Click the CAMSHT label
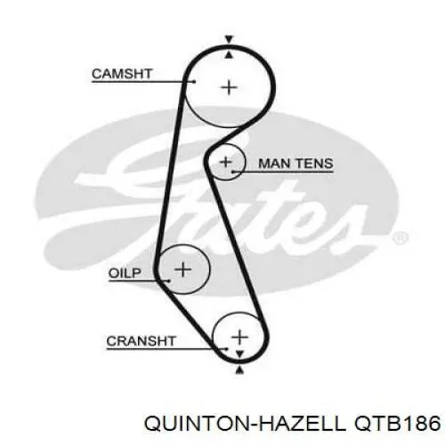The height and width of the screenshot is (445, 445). point(122,74)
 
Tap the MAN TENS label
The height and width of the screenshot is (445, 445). point(295,164)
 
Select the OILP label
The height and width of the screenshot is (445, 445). point(125,273)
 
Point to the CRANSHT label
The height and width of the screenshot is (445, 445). point(142,341)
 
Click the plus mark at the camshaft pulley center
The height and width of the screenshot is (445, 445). point(229,88)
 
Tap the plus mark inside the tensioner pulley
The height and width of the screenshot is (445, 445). point(226,162)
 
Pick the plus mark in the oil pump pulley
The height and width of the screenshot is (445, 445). point(183,270)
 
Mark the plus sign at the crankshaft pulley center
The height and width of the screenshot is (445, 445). point(239,337)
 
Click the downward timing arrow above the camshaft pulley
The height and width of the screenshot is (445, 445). point(229,39)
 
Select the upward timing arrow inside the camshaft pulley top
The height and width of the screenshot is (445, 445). point(229,54)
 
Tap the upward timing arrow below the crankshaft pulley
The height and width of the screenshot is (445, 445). point(239,369)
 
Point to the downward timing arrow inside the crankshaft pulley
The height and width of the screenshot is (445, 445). point(239,354)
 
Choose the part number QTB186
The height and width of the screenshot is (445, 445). point(397,423)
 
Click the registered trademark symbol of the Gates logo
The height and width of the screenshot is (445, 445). point(400,238)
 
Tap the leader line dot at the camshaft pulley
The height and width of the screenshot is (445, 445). point(195,81)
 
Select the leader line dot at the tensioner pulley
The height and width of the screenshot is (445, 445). point(233,172)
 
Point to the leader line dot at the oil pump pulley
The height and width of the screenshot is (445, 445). point(169,280)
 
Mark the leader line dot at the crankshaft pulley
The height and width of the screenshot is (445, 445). point(227,349)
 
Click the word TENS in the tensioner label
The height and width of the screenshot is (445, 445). point(314,164)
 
